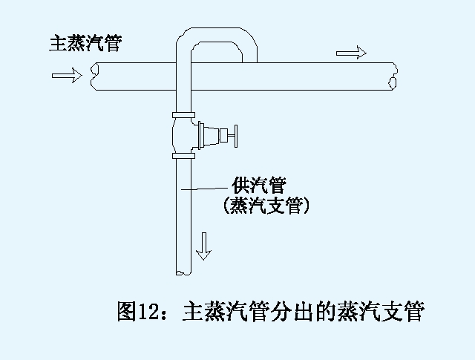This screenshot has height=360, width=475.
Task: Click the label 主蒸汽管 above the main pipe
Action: (x=85, y=42)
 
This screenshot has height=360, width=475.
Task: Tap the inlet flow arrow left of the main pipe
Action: (x=67, y=75)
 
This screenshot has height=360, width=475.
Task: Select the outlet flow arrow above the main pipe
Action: (x=351, y=53)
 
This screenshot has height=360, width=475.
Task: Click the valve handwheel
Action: (x=232, y=136)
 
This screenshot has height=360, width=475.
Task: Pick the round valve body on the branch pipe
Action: (x=183, y=135)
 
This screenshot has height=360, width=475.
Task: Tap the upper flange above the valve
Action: (x=183, y=115)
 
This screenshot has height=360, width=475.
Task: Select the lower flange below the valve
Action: (x=183, y=156)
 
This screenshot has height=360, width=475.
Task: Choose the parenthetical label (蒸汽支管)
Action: (x=266, y=206)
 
